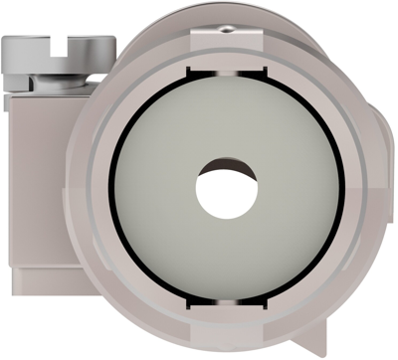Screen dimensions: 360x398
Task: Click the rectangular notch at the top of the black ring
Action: (x=226, y=72)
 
